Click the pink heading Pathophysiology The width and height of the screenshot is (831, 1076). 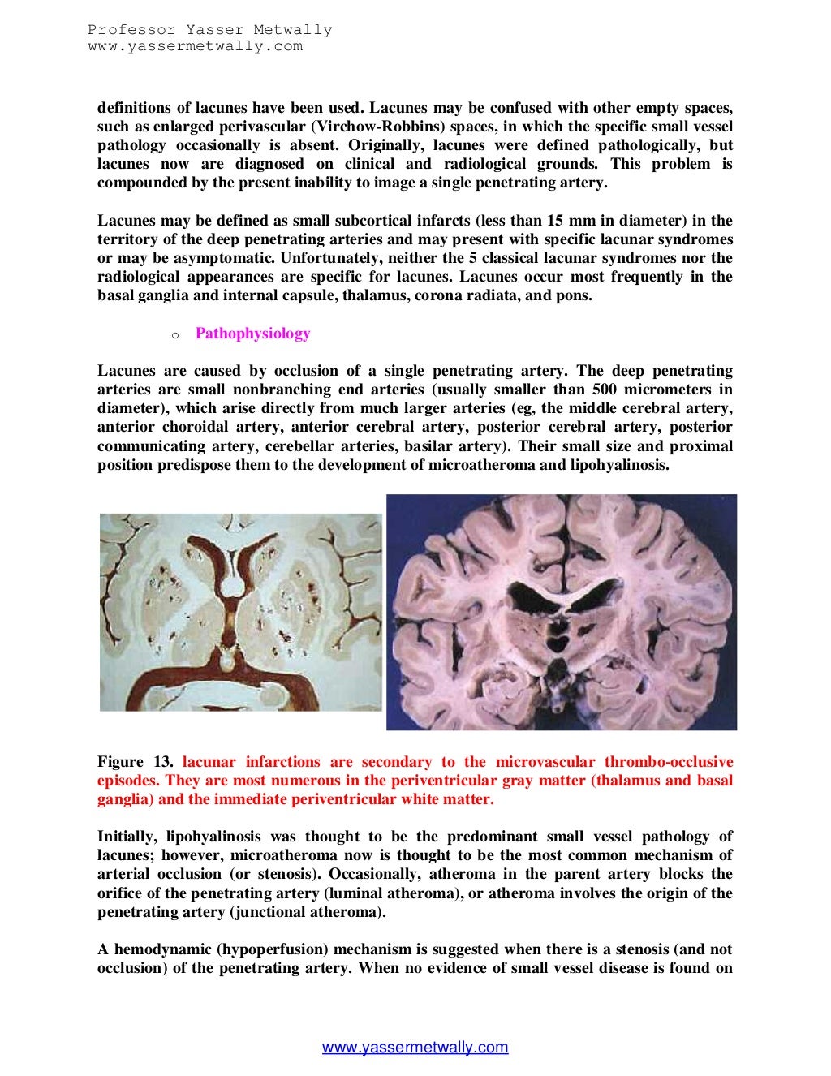tap(252, 334)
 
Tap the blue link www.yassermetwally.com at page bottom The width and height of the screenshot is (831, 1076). tap(415, 1047)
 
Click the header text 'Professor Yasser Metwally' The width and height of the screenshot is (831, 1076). tap(210, 31)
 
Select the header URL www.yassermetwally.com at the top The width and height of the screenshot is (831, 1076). tap(196, 46)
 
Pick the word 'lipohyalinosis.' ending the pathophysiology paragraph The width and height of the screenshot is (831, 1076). tap(620, 465)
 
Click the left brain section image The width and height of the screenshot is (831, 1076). tap(240, 612)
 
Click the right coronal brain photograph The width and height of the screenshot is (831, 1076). tap(561, 612)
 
